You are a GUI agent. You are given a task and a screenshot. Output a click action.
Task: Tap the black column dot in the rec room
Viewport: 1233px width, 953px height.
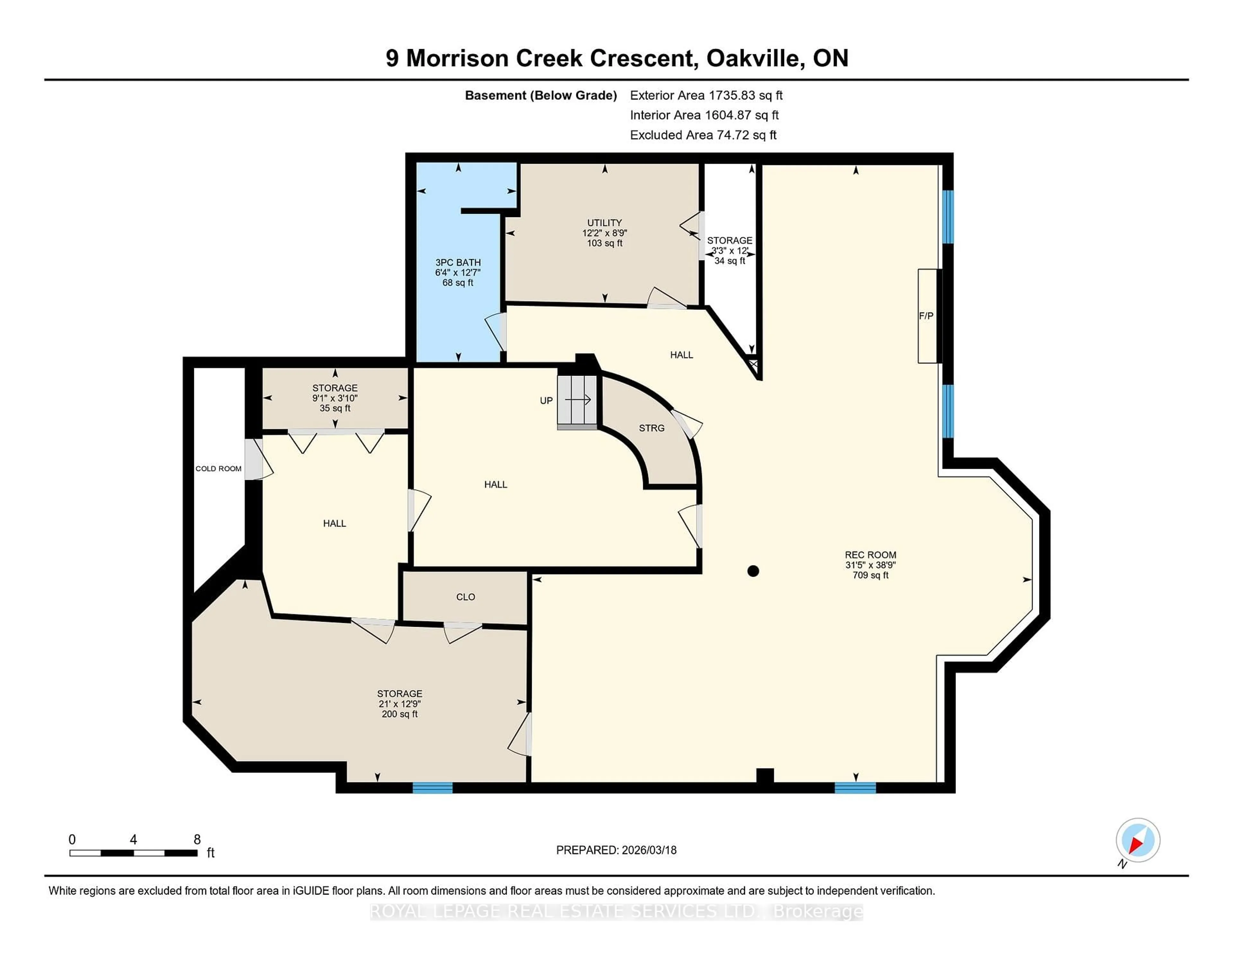click(x=753, y=571)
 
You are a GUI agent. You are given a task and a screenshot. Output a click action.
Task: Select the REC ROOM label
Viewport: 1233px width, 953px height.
click(x=870, y=555)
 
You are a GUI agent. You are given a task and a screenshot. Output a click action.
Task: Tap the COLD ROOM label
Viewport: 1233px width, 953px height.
click(x=218, y=468)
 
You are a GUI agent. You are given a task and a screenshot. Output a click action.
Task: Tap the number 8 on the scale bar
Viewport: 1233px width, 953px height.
click(x=197, y=840)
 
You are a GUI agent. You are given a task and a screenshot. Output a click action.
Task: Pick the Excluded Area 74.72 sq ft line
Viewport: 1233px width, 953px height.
click(x=703, y=135)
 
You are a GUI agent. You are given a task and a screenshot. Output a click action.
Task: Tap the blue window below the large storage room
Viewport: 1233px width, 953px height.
click(x=433, y=788)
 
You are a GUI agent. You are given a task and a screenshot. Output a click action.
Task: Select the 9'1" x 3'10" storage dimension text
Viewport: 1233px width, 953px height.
click(x=335, y=398)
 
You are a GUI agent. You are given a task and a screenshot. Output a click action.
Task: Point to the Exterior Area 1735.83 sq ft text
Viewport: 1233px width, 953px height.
click(x=706, y=95)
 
